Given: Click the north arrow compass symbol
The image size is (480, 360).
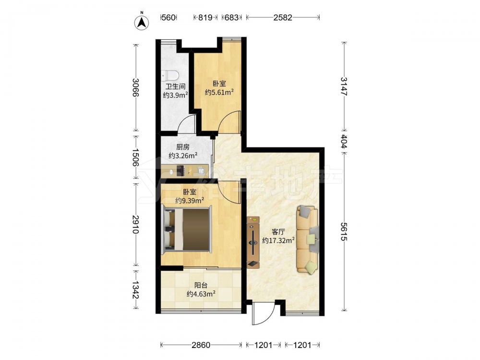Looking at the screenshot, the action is (x=142, y=22).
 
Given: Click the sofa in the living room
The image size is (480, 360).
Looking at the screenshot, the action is (x=307, y=240).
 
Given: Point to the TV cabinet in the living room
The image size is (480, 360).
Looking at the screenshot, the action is (x=253, y=242).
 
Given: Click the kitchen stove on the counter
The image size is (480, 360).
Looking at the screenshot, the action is (x=180, y=171).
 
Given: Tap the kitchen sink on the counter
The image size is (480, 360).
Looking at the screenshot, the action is (x=202, y=171).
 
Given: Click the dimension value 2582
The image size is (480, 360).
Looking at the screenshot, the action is (x=283, y=17).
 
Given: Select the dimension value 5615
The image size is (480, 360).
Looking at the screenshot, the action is (x=344, y=231).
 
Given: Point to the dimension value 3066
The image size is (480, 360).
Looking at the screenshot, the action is (x=136, y=87).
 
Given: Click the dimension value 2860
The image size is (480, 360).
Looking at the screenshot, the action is (x=201, y=345).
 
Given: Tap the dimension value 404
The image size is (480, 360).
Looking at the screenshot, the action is (x=344, y=141).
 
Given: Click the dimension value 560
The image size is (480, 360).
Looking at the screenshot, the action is (x=168, y=17).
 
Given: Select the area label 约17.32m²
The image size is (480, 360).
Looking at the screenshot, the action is (x=278, y=240).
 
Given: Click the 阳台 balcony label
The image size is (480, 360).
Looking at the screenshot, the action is (x=201, y=286).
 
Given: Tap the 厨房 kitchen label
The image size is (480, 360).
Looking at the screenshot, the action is (x=183, y=147).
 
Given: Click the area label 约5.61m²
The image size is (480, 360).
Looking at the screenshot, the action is (x=219, y=92).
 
